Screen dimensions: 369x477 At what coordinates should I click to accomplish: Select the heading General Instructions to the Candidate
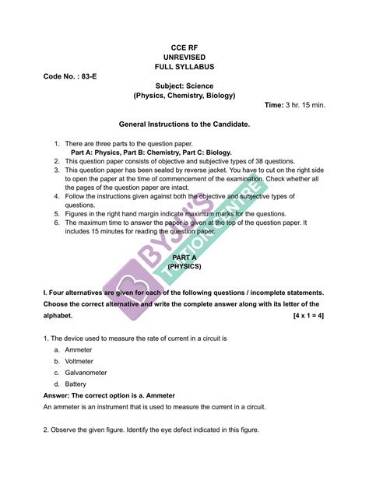(x=184, y=124)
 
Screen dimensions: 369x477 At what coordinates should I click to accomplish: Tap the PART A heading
(x=184, y=257)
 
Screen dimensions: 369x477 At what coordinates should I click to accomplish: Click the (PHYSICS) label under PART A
(x=184, y=266)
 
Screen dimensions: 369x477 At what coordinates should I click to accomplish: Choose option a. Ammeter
(x=79, y=351)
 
